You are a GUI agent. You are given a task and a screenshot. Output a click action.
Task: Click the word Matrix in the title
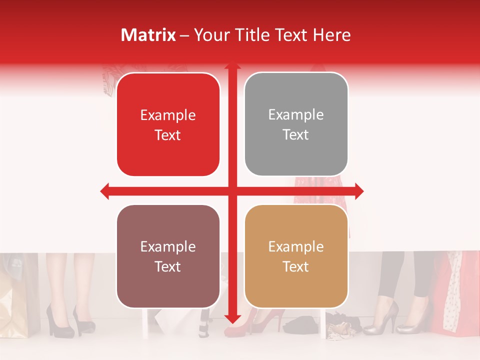pyautogui.click(x=148, y=35)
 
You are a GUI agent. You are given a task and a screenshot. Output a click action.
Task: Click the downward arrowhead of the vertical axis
pyautogui.click(x=232, y=319)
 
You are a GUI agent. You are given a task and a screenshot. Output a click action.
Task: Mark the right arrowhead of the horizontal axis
pyautogui.click(x=359, y=191)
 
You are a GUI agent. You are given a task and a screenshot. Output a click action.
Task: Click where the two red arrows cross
pyautogui.click(x=232, y=191)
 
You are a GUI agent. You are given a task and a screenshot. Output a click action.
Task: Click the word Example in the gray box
pyautogui.click(x=296, y=115)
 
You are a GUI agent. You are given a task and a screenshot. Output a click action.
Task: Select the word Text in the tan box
pyautogui.click(x=296, y=267)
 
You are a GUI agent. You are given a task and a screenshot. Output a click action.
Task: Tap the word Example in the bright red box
pyautogui.click(x=168, y=115)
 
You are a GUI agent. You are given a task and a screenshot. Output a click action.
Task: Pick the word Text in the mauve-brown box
pyautogui.click(x=168, y=267)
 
